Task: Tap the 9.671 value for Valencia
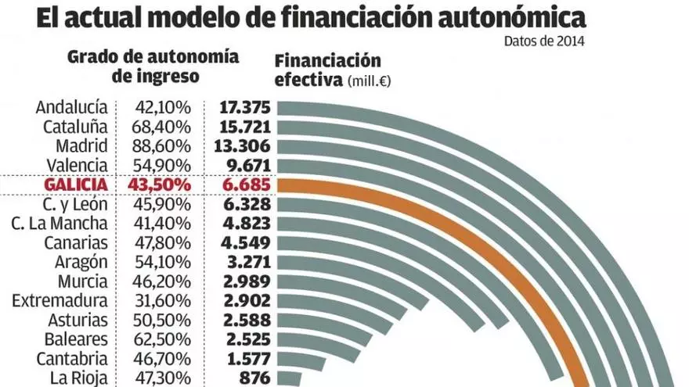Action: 247,165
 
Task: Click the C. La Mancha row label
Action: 60,224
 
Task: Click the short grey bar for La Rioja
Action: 290,378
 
